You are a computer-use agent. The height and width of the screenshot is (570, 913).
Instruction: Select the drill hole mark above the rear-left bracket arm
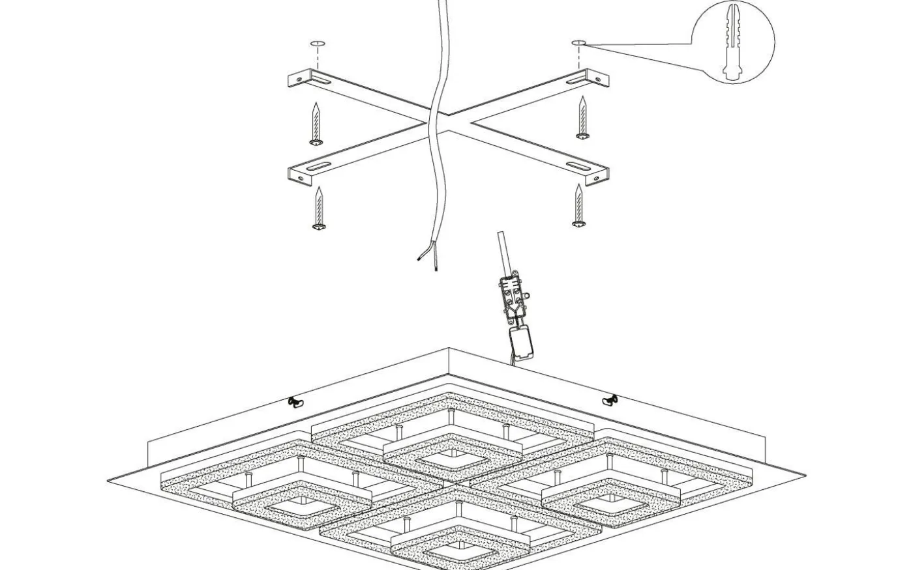pos(318,44)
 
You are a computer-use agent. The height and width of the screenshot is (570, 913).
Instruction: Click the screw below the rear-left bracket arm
pos(317,124)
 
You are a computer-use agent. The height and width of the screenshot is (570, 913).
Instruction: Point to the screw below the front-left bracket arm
pos(319,208)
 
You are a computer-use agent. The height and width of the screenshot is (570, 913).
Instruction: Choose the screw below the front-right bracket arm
pos(578,205)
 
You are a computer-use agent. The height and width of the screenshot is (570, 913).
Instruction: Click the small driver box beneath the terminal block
pos(522,343)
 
